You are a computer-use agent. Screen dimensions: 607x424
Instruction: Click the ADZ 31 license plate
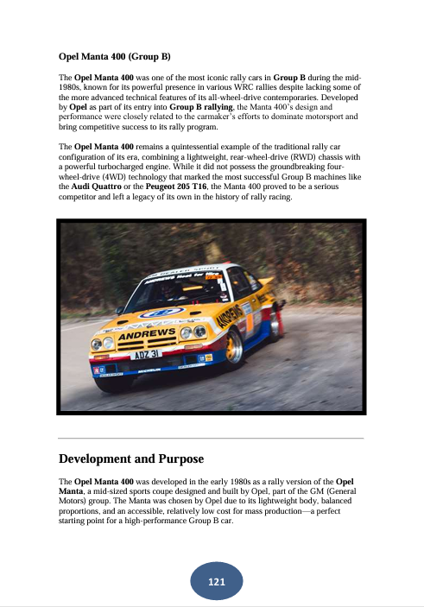(146, 354)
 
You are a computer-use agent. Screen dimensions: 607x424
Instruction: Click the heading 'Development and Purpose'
(131, 458)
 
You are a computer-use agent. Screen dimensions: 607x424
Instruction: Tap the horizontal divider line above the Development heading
(212, 439)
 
